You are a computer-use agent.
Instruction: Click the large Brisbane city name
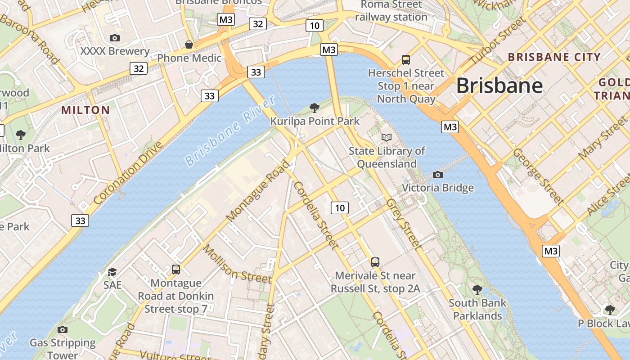point(499,85)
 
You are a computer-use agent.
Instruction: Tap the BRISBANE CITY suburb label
point(554,57)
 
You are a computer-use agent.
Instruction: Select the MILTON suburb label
point(85,110)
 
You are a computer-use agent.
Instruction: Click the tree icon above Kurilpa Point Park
point(315,108)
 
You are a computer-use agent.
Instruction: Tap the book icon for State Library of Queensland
point(386,137)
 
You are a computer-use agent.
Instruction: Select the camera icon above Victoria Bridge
point(437,175)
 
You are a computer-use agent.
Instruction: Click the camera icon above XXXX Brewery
point(115,38)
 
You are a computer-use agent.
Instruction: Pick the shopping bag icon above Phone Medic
point(189,45)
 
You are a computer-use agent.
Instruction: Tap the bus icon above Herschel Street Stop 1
point(405,59)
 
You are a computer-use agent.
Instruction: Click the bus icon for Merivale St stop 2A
point(375,262)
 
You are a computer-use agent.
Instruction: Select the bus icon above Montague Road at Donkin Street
point(176,270)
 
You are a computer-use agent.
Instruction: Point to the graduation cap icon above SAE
point(112,272)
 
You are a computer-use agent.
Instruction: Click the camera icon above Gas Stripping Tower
point(63,329)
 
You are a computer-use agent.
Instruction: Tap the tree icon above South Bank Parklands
point(477,289)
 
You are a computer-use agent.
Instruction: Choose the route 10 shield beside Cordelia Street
point(340,207)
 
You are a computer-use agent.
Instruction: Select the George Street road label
point(538,176)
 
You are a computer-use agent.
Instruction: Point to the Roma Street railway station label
point(391,11)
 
